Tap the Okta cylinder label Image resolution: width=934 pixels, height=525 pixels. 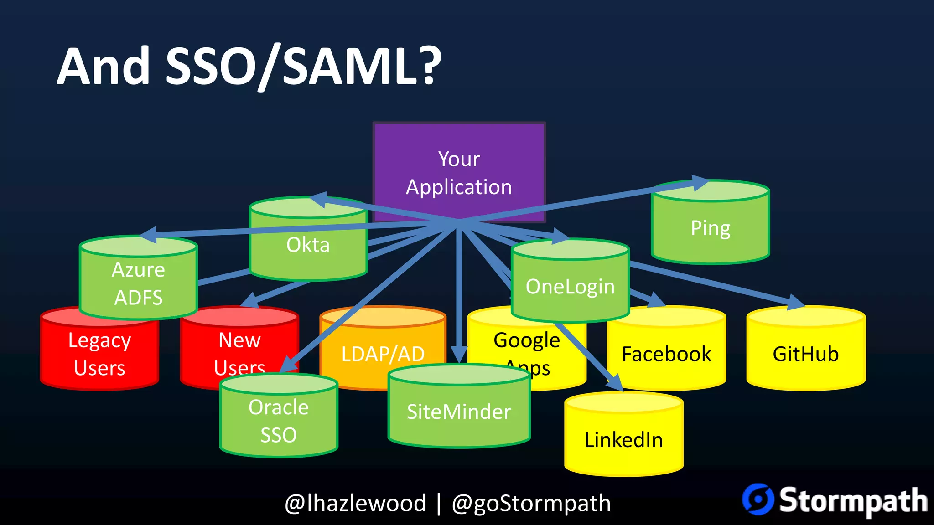[308, 245]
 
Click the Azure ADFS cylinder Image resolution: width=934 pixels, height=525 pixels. [138, 283]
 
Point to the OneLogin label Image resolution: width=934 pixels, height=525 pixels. [570, 287]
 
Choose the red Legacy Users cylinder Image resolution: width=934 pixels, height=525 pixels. [99, 355]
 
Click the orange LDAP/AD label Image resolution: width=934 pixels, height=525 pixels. [383, 354]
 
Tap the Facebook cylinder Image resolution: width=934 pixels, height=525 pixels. [666, 354]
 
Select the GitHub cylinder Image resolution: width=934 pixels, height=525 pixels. [806, 354]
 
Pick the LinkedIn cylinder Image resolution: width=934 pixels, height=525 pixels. [623, 440]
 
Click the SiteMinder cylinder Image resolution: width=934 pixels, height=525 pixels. [459, 412]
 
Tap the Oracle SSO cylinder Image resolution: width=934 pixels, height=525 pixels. [279, 421]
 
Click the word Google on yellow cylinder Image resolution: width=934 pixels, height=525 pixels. [526, 340]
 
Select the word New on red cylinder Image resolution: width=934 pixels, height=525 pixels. [239, 340]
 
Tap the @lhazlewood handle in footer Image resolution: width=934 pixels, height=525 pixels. [355, 503]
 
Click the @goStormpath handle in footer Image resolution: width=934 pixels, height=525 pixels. [531, 503]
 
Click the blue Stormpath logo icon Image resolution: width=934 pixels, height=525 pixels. [758, 499]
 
